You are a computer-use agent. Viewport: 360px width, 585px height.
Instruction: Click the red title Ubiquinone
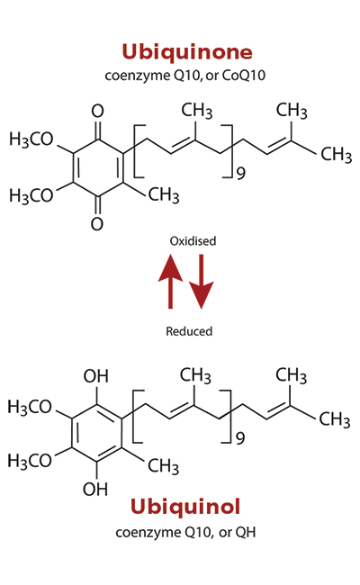(x=187, y=52)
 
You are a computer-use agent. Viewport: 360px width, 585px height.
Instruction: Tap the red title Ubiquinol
(x=185, y=507)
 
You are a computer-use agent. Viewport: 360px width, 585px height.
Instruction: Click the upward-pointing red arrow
(x=170, y=282)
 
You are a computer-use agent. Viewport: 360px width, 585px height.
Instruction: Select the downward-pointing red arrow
(x=202, y=282)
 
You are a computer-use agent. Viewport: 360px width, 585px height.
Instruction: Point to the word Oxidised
(x=193, y=241)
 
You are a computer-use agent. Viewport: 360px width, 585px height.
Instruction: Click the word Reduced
(x=189, y=331)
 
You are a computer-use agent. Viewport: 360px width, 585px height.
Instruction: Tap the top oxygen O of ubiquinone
(x=97, y=111)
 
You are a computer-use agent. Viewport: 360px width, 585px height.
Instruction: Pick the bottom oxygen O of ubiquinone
(x=97, y=224)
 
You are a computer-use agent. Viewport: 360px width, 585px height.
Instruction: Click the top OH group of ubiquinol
(x=96, y=376)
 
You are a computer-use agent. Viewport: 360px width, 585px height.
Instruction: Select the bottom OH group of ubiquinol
(x=95, y=489)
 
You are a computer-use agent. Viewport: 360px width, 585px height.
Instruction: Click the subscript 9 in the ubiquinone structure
(x=241, y=174)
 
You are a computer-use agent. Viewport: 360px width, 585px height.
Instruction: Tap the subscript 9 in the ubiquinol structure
(x=240, y=438)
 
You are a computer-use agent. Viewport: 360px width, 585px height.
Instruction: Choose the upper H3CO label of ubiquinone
(x=31, y=139)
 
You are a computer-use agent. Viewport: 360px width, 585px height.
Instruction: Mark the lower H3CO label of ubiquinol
(x=30, y=461)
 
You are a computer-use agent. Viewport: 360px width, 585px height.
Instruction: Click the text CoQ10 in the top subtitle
(x=244, y=76)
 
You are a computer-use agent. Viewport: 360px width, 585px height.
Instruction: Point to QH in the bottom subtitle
(x=246, y=532)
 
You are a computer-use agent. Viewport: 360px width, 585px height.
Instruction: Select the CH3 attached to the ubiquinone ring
(x=164, y=195)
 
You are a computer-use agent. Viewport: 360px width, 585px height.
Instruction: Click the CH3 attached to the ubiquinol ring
(x=163, y=466)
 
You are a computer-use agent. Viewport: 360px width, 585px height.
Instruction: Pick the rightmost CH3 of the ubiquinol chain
(x=335, y=419)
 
